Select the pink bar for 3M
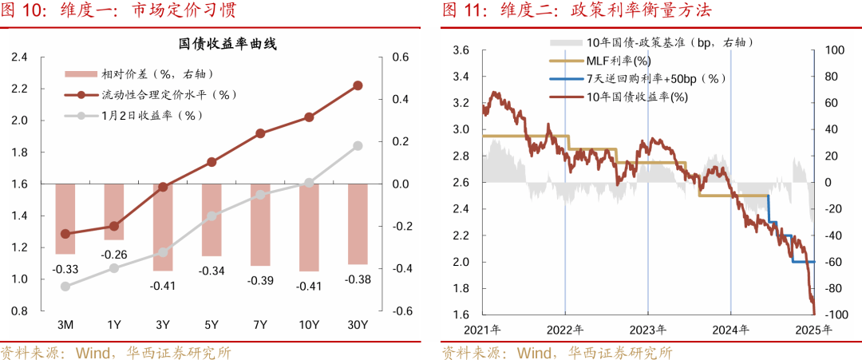coord(65,218)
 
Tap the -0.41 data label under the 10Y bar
coord(309,287)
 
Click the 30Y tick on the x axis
coord(358,324)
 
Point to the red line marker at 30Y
coord(358,85)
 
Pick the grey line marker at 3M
coord(65,287)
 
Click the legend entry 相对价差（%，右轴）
coord(155,74)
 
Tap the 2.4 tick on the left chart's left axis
coord(19,57)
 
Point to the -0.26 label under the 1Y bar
coord(114,255)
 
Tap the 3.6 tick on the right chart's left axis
coord(461,50)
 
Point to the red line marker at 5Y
coord(212,162)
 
